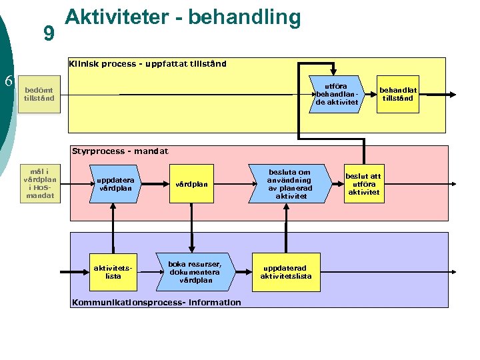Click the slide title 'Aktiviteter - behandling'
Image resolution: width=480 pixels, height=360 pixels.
[183, 17]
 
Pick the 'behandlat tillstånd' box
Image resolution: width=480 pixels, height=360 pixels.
[397, 94]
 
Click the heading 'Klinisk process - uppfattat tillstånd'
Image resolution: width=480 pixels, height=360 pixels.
[147, 64]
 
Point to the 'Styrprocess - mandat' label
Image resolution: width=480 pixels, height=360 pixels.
[120, 151]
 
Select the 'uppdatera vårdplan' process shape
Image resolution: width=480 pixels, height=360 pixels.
[116, 184]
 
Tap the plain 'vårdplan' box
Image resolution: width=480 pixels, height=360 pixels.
[192, 184]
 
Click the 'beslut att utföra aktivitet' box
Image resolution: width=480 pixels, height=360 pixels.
[363, 183]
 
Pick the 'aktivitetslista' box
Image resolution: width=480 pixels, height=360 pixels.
[113, 271]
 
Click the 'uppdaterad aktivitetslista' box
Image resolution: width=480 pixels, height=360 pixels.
[285, 271]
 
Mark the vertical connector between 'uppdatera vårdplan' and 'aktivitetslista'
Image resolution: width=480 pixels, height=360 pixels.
[113, 227]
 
